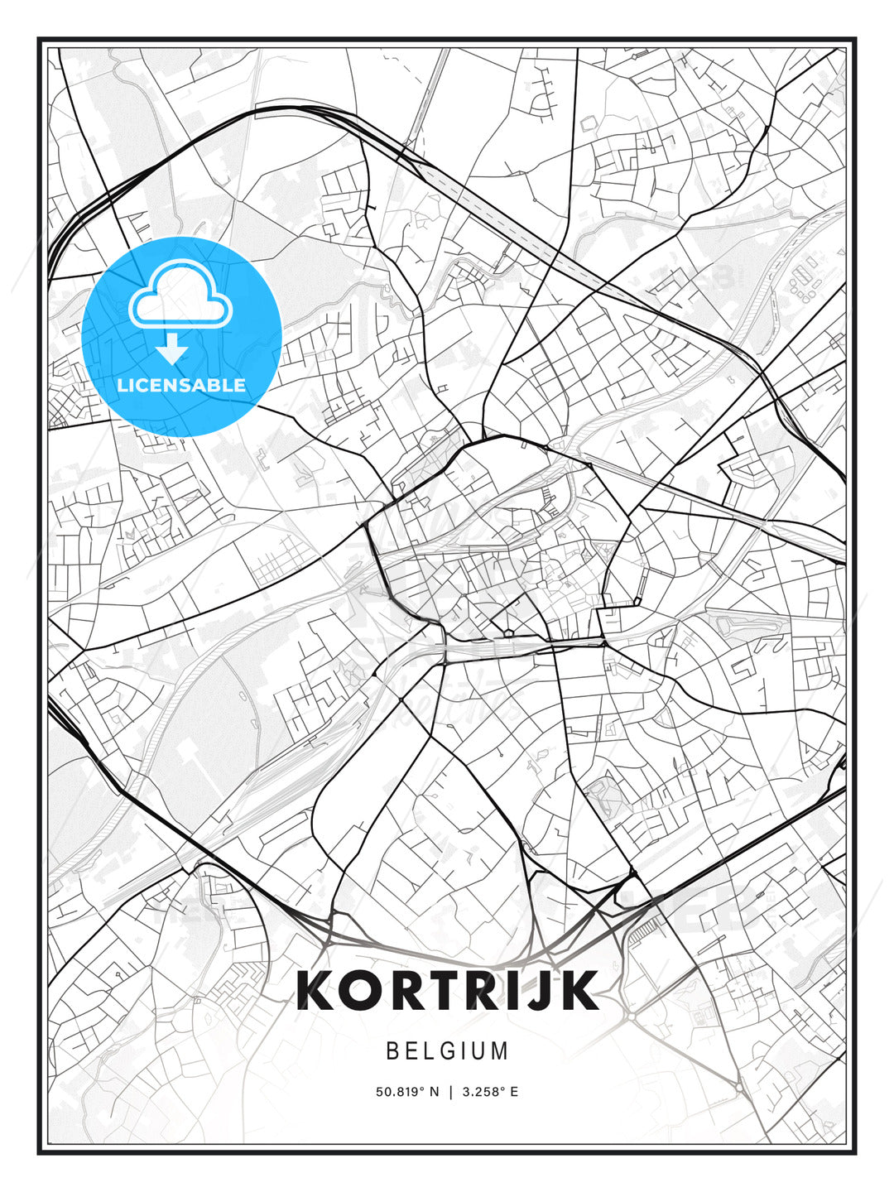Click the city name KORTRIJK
[x=447, y=990]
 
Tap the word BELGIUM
[x=447, y=1051]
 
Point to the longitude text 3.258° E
[x=491, y=1092]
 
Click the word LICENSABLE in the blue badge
[x=181, y=385]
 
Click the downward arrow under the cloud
[x=172, y=349]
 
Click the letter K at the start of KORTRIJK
[x=316, y=990]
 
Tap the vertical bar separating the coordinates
[x=451, y=1092]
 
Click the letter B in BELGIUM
[x=392, y=1051]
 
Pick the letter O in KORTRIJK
[x=363, y=990]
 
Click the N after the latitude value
[x=435, y=1092]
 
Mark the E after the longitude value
[x=514, y=1092]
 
